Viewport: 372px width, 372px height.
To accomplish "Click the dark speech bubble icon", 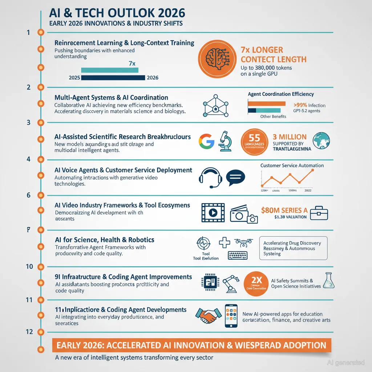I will [236, 177].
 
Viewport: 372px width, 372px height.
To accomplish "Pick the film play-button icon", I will [213, 213].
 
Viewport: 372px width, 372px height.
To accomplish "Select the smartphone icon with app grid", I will [231, 316].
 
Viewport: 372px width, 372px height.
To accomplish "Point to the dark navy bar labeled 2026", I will [113, 77].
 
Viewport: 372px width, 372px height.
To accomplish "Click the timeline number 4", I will [28, 159].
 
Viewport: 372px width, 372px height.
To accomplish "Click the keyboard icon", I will [238, 255].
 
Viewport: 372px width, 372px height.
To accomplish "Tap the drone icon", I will [243, 242].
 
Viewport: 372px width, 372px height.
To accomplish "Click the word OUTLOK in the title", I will [128, 13].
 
